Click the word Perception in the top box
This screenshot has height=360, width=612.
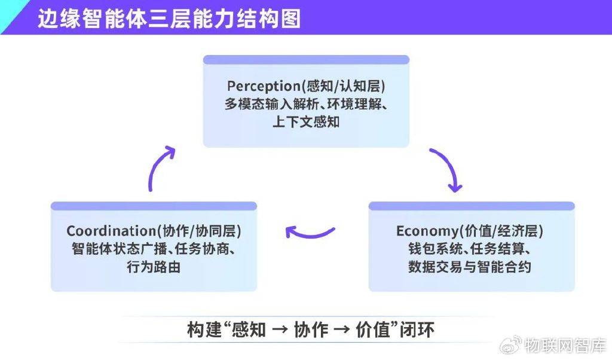pyautogui.click(x=264, y=86)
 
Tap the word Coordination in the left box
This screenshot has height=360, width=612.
pyautogui.click(x=111, y=231)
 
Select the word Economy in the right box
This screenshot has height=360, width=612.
pyautogui.click(x=427, y=231)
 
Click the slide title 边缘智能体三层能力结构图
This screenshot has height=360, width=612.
pyautogui.click(x=169, y=19)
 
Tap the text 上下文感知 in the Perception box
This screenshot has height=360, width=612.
pyautogui.click(x=306, y=122)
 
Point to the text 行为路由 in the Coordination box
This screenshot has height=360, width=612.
pyautogui.click(x=154, y=267)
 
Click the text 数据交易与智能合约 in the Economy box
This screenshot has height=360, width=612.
pyautogui.click(x=470, y=267)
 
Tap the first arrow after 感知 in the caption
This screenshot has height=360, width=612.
pyautogui.click(x=280, y=330)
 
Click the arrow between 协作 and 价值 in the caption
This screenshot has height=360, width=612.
pyautogui.click(x=342, y=330)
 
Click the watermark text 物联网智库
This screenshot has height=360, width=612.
pyautogui.click(x=565, y=345)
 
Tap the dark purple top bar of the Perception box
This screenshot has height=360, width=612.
pyautogui.click(x=306, y=60)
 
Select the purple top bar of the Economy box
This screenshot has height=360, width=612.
pyautogui.click(x=472, y=206)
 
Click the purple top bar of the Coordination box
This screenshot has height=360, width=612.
pyautogui.click(x=154, y=206)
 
